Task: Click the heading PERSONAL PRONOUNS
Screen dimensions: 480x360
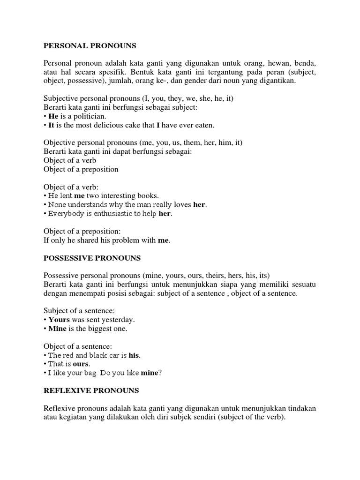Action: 90,46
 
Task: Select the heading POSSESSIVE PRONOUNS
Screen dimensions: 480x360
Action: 92,258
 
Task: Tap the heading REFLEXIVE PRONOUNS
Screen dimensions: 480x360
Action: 91,390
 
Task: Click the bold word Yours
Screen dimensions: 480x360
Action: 59,320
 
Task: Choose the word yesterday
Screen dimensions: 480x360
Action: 115,320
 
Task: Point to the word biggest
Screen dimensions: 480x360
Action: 97,329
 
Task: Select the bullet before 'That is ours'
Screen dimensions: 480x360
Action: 45,364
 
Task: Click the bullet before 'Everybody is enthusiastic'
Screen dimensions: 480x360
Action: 45,214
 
